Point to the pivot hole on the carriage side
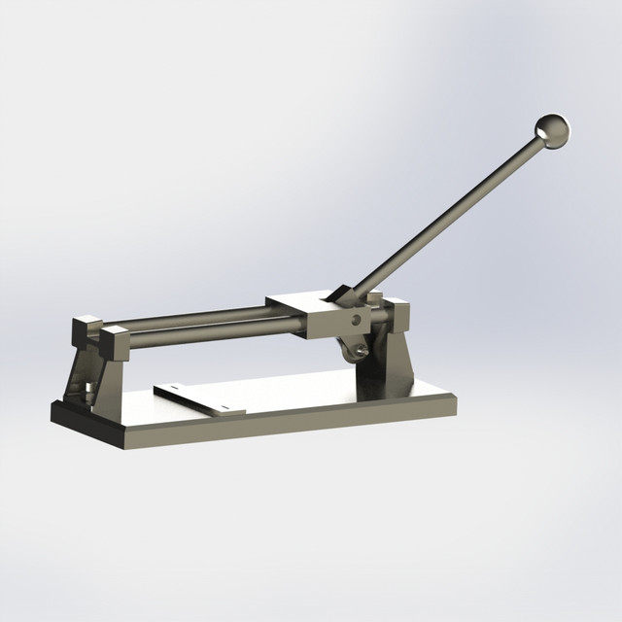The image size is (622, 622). (356, 318)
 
